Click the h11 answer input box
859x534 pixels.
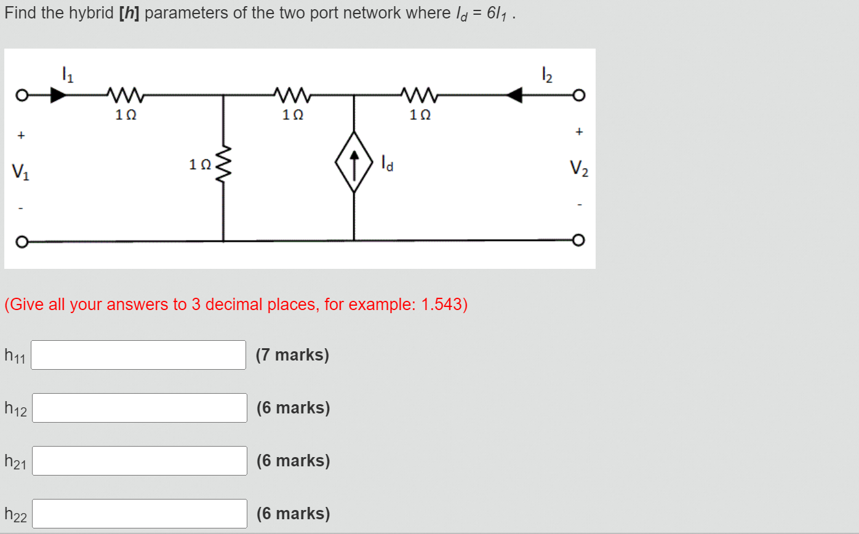[138, 355]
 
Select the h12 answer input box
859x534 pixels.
[139, 408]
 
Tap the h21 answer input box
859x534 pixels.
[139, 461]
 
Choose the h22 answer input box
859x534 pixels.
[139, 514]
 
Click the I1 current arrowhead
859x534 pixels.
[58, 95]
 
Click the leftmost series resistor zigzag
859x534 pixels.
[126, 95]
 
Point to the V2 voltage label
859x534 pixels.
[578, 167]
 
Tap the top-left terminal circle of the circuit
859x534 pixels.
[21, 96]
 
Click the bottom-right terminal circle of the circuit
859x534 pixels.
[577, 240]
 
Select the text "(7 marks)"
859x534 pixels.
[292, 355]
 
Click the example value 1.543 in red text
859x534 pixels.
[441, 305]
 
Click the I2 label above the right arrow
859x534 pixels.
[546, 75]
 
